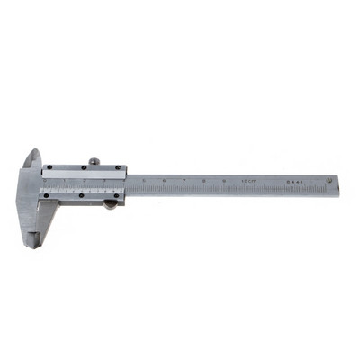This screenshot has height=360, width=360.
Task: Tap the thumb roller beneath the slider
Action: click(110, 204)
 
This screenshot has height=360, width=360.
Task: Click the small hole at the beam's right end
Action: click(330, 181)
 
